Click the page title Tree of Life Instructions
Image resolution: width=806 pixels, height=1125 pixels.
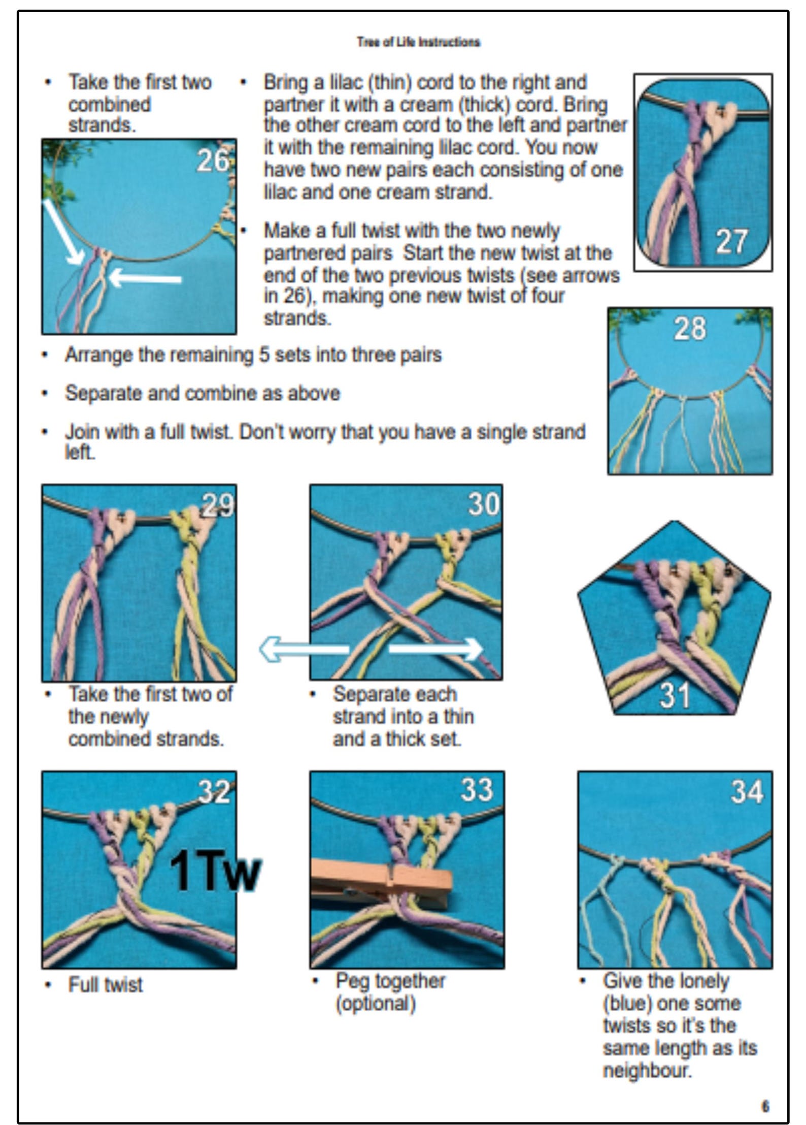pyautogui.click(x=418, y=42)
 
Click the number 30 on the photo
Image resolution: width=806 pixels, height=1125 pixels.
pyautogui.click(x=484, y=504)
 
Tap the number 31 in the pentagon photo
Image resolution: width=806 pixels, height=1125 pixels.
pyautogui.click(x=675, y=695)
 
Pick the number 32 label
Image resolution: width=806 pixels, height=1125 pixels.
pyautogui.click(x=214, y=791)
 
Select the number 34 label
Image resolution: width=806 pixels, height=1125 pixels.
pyautogui.click(x=747, y=792)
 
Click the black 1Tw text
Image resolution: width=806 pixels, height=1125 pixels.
pyautogui.click(x=215, y=872)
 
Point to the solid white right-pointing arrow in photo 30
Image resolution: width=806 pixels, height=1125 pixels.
pyautogui.click(x=435, y=649)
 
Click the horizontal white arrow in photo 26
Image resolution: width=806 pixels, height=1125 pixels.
pyautogui.click(x=145, y=278)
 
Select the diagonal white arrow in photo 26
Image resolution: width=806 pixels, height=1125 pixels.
pyautogui.click(x=64, y=232)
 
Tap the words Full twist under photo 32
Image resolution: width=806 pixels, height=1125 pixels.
pyautogui.click(x=106, y=985)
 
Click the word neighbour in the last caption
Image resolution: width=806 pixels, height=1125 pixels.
pyautogui.click(x=647, y=1071)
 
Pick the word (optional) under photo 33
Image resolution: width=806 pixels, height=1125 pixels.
pyautogui.click(x=376, y=1003)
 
